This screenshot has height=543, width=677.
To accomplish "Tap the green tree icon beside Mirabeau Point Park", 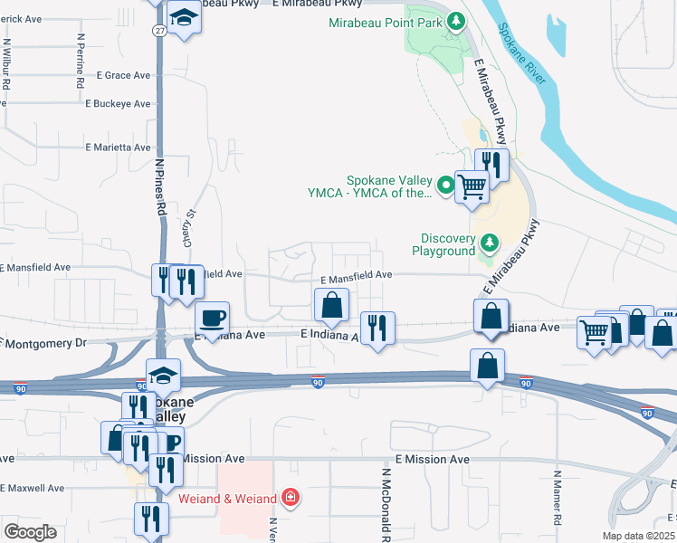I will (457, 19).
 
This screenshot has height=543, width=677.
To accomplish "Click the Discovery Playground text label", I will (443, 244).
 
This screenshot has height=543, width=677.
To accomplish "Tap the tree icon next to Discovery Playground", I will (490, 243).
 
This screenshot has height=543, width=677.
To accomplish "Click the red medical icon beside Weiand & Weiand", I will (291, 497).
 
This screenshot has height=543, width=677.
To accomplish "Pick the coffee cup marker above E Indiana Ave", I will (213, 318).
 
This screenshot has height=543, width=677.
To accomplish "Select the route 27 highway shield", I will (158, 30).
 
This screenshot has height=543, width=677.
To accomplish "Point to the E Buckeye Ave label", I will (118, 104).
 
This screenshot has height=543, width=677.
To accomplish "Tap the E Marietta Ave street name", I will (118, 147).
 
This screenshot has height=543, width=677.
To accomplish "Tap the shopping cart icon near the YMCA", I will (472, 187).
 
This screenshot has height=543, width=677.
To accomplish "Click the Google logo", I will (30, 532).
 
